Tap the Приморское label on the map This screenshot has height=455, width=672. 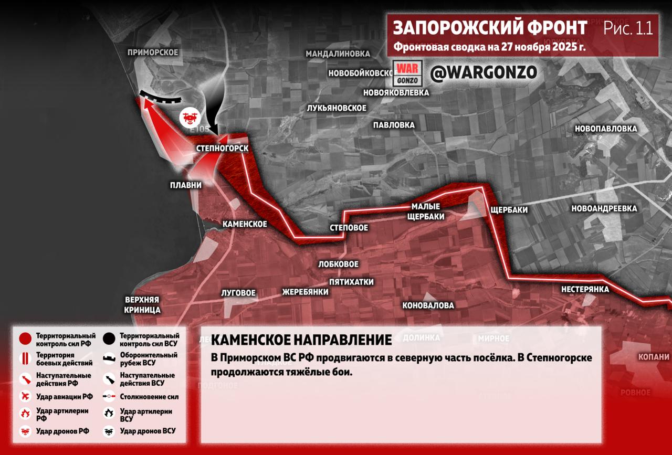point(153,52)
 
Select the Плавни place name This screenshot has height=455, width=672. point(185,185)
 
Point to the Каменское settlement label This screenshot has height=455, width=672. point(245,224)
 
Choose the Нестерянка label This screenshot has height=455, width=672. point(585,289)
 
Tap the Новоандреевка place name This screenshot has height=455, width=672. point(604,208)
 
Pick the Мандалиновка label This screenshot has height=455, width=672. point(338,54)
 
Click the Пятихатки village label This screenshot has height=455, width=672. point(351,282)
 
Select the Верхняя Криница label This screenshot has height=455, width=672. point(142,305)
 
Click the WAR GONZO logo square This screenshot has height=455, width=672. point(407,74)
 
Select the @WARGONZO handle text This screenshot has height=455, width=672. point(484,73)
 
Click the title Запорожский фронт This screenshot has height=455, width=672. point(490,28)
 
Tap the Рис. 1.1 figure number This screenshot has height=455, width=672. point(628,28)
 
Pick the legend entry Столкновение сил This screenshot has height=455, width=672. point(149,397)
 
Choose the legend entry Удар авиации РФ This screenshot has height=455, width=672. point(64,396)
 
